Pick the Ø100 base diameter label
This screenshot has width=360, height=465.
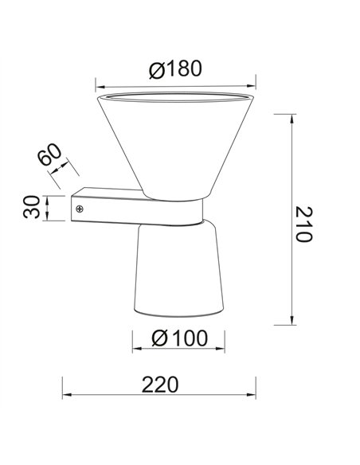tap(178, 338)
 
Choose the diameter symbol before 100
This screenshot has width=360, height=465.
tap(159, 338)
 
